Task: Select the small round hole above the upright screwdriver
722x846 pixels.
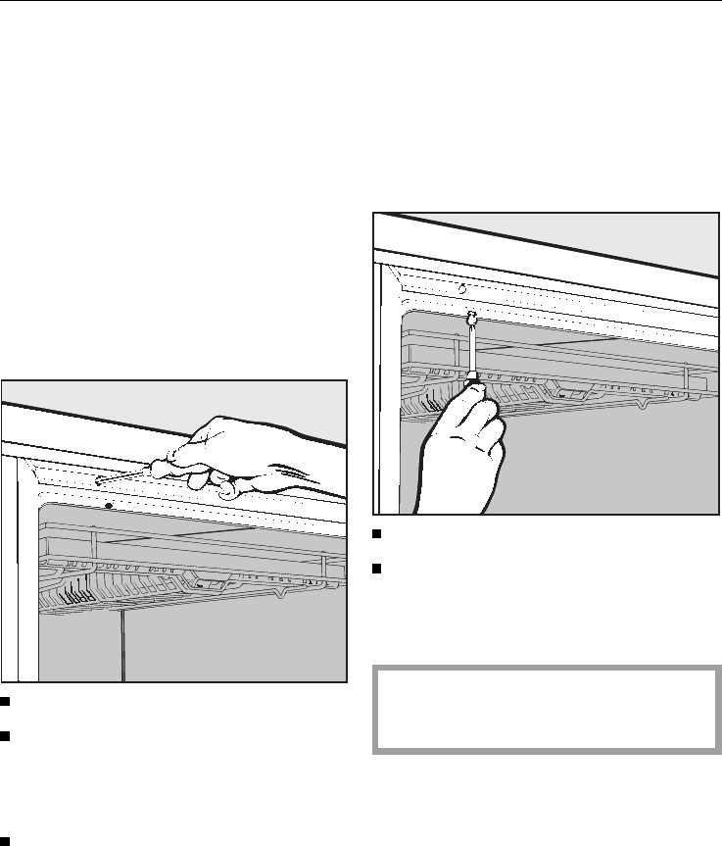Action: click(462, 289)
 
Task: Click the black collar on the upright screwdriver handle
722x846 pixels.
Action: click(472, 375)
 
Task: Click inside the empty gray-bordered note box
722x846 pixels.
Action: click(547, 710)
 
